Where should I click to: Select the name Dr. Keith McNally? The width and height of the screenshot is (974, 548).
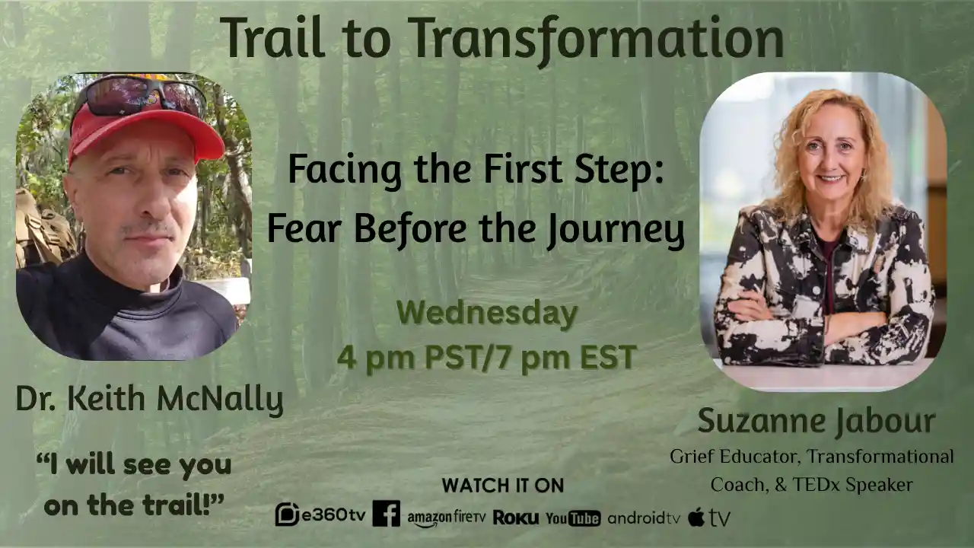(149, 400)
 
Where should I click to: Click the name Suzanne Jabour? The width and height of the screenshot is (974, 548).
(816, 421)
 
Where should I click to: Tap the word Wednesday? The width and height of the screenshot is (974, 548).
(486, 314)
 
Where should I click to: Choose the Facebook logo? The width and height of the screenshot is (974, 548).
(386, 515)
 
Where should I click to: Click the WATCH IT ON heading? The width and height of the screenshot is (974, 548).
(503, 486)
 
